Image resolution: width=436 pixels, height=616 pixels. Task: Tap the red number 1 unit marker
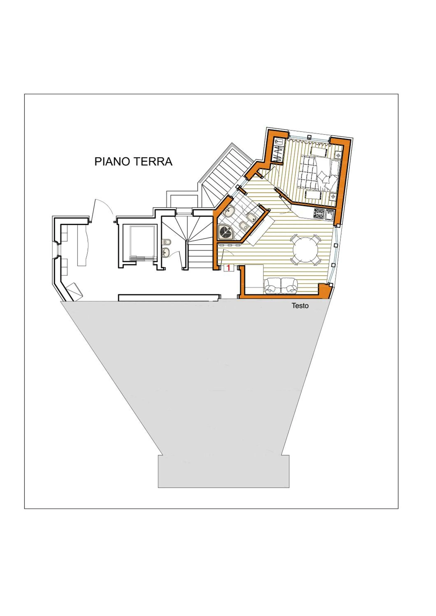(x=228, y=268)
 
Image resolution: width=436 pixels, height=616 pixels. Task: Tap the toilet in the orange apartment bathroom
(x=244, y=226)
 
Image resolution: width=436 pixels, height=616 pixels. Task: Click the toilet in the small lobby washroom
(x=167, y=242)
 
